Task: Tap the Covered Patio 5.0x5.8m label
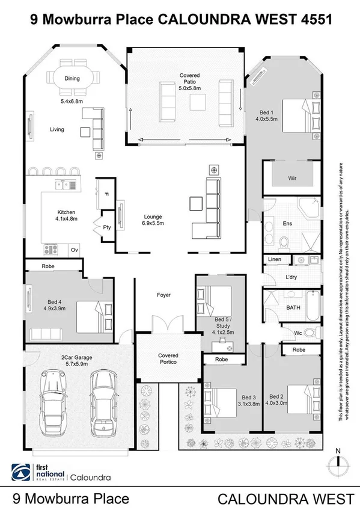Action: coord(189,82)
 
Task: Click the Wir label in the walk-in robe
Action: coord(293,179)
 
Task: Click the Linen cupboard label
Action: coord(274,259)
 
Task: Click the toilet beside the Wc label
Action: coord(308,332)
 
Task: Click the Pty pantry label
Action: coord(107,227)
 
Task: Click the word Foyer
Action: coord(163,295)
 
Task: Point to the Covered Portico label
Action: coord(168,359)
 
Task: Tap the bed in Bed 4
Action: coord(90,316)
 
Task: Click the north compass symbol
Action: coord(338,461)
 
